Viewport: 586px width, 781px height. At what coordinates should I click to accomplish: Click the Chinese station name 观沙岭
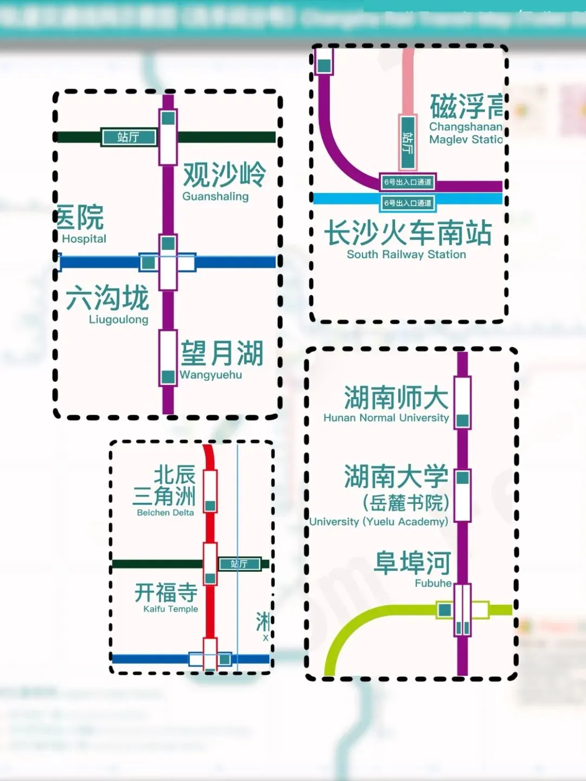click(224, 175)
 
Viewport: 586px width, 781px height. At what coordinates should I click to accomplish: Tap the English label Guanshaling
click(215, 196)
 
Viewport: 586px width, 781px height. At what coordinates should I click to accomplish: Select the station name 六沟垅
click(107, 298)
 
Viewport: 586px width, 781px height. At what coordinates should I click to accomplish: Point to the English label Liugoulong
click(118, 319)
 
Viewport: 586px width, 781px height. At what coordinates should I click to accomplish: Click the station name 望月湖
click(222, 354)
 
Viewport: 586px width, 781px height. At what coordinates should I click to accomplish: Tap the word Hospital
click(84, 239)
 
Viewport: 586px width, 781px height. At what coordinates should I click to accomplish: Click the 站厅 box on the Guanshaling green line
click(129, 137)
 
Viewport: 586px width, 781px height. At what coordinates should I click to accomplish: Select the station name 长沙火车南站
click(407, 233)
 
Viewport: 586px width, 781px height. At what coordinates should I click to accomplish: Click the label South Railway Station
click(406, 254)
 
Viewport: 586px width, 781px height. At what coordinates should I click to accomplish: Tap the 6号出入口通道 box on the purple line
click(408, 182)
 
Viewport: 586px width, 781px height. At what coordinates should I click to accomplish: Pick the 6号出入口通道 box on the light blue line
click(408, 203)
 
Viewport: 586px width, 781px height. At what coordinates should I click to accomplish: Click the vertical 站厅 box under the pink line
click(407, 142)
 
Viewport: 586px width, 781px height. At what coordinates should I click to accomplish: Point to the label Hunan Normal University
click(386, 418)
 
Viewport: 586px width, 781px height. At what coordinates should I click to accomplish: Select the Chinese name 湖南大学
click(396, 477)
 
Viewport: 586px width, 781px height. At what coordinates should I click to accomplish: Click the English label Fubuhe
click(433, 583)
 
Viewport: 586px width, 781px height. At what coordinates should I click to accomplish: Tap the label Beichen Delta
click(165, 513)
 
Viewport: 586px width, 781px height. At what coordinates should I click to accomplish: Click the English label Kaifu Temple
click(170, 609)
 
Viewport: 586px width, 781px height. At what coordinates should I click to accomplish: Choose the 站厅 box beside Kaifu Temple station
click(239, 564)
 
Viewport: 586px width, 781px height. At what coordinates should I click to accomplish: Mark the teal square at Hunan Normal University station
click(462, 420)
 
